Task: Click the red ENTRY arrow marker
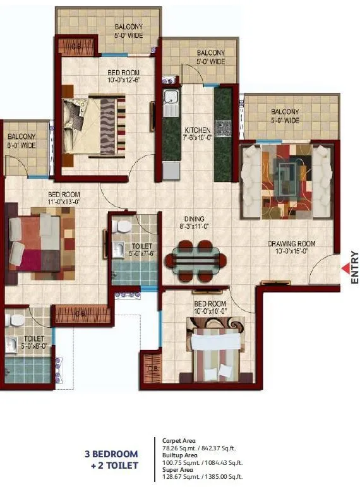pyautogui.click(x=345, y=268)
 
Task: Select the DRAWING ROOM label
pyautogui.click(x=291, y=248)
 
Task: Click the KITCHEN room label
pyautogui.click(x=197, y=134)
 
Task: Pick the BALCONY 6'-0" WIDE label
pyautogui.click(x=21, y=141)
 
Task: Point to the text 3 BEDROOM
pyautogui.click(x=112, y=454)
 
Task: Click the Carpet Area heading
pyautogui.click(x=179, y=440)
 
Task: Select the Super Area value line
pyautogui.click(x=202, y=477)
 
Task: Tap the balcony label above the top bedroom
pyautogui.click(x=128, y=31)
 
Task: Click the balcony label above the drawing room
pyautogui.click(x=285, y=116)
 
